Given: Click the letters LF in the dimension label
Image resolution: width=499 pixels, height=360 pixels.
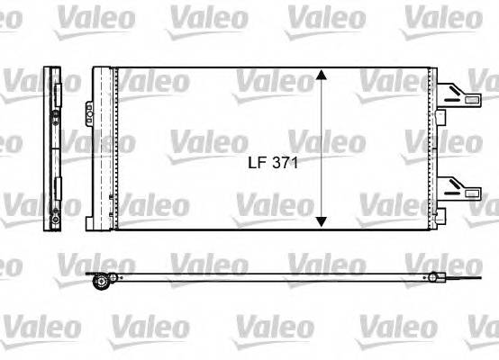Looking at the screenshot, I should click(x=258, y=165).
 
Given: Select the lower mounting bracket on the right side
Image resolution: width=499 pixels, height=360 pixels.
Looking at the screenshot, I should click(x=461, y=186).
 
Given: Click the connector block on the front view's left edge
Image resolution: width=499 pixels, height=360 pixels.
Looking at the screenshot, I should click(x=91, y=113).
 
